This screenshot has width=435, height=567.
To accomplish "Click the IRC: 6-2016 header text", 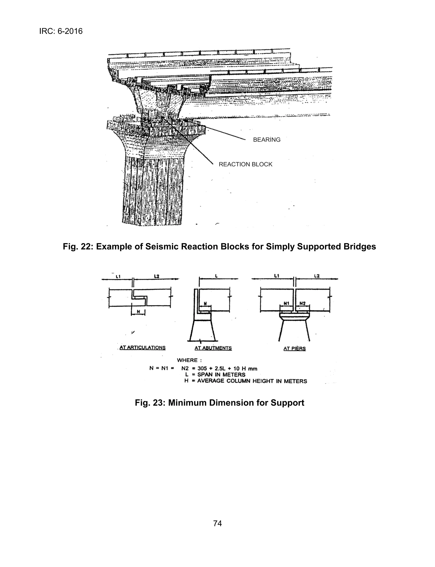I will tap(61, 31).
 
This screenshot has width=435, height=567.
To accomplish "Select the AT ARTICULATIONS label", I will tap(142, 348).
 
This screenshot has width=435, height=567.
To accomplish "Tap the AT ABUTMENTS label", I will tap(213, 348).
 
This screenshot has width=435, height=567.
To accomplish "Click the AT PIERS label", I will tap(294, 348).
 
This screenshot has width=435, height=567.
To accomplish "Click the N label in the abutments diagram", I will tap(205, 303).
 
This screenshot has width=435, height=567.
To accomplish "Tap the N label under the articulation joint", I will tap(138, 312).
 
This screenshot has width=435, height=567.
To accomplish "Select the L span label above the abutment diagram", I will tap(216, 276).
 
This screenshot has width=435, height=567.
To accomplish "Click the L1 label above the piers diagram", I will tap(276, 276).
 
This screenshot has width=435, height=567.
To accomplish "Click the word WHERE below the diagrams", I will tap(187, 360).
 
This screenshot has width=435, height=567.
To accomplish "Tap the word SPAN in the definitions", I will tap(205, 375).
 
